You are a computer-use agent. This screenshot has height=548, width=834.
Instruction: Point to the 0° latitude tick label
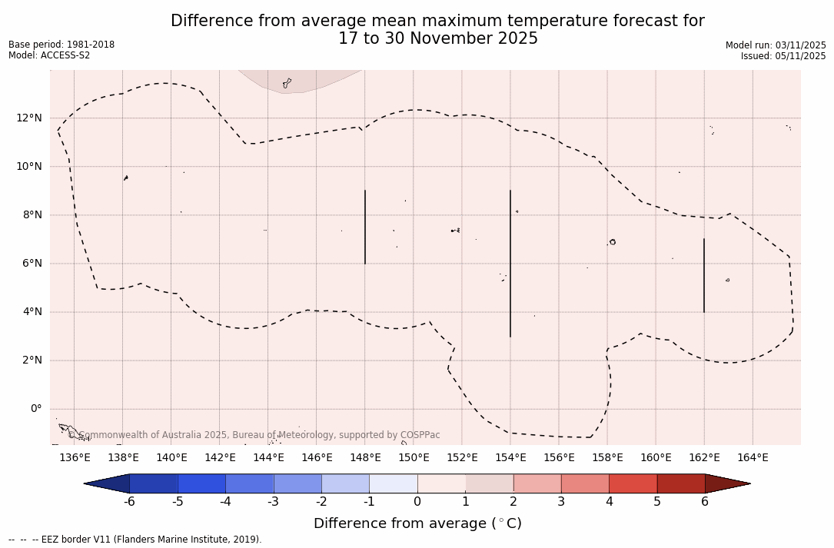pyautogui.click(x=36, y=409)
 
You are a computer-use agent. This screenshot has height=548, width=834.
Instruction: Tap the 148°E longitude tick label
pyautogui.click(x=365, y=458)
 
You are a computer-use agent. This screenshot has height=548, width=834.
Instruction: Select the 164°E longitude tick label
pyautogui.click(x=753, y=458)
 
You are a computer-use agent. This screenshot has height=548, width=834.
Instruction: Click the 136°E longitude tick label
pyautogui.click(x=75, y=458)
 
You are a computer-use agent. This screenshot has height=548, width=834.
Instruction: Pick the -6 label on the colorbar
pyautogui.click(x=130, y=502)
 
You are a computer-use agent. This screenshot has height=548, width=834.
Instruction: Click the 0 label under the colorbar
pyautogui.click(x=417, y=502)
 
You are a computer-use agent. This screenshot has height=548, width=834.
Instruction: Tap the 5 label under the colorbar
pyautogui.click(x=657, y=502)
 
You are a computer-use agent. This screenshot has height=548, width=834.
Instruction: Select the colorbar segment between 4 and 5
pyautogui.click(x=633, y=483)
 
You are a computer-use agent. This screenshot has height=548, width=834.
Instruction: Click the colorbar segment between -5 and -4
pyautogui.click(x=201, y=483)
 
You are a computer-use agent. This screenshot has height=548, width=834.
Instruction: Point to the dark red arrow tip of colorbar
pyautogui.click(x=726, y=483)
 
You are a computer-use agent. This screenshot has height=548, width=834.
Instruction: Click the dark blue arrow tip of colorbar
pyautogui.click(x=108, y=483)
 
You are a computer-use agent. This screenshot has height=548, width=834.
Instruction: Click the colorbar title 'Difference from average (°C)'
pyautogui.click(x=417, y=523)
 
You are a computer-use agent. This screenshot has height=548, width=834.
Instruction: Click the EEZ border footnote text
pyautogui.click(x=135, y=540)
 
